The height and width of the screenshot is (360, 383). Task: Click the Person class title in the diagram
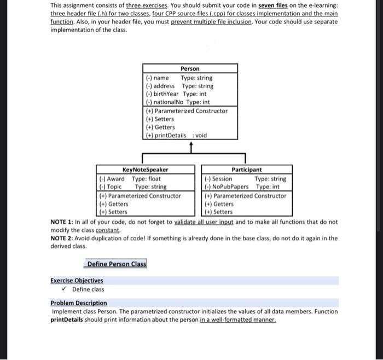190,68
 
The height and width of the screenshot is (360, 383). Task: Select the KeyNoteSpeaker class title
145,170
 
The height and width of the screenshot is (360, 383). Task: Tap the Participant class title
247,170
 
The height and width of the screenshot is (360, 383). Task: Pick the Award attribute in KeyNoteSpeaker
130,178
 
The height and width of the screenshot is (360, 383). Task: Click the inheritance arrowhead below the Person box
190,145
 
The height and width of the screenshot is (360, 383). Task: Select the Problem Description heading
79,303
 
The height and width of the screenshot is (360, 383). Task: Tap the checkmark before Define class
65,289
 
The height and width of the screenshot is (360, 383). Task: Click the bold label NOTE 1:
65,222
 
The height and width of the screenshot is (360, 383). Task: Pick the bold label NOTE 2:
65,239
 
